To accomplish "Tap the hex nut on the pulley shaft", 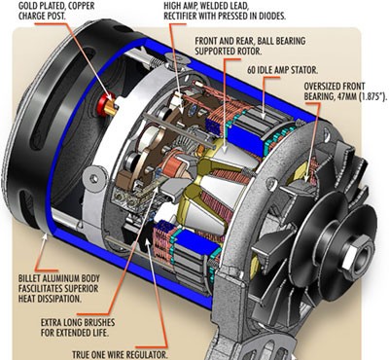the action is point(358,257).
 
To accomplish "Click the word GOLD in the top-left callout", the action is point(27,6).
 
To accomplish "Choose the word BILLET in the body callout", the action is point(29,278).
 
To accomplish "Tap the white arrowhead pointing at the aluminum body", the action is point(45,237).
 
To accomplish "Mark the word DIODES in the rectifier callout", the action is point(274,17).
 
